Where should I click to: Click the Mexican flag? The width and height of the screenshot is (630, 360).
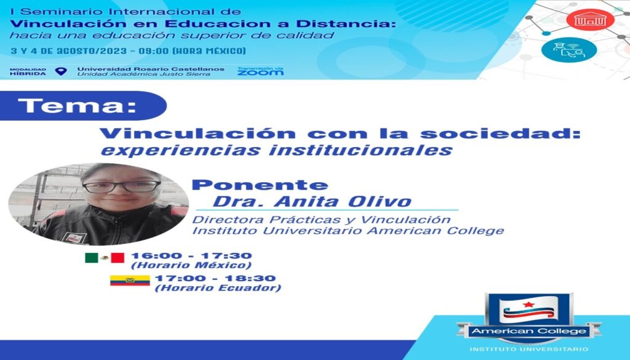pyautogui.click(x=105, y=258)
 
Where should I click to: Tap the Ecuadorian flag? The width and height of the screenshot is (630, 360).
pyautogui.click(x=130, y=281)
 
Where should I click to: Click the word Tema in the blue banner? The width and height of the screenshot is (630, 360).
pyautogui.click(x=77, y=106)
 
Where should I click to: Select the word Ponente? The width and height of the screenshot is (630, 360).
pyautogui.click(x=260, y=185)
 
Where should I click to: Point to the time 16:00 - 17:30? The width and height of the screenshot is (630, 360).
pyautogui.click(x=191, y=255)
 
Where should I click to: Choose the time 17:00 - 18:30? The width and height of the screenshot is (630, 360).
pyautogui.click(x=215, y=278)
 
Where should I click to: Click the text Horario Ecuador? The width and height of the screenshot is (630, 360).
pyautogui.click(x=218, y=288)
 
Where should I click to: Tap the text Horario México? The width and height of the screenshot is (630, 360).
pyautogui.click(x=191, y=266)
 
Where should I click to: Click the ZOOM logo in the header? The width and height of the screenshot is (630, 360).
pyautogui.click(x=260, y=71)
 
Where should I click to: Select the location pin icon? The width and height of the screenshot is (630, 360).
pyautogui.click(x=61, y=71)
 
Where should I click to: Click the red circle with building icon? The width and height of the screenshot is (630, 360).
pyautogui.click(x=590, y=19)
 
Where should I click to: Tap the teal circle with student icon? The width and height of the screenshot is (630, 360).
pyautogui.click(x=568, y=50)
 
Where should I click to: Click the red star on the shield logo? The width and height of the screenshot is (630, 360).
pyautogui.click(x=528, y=305)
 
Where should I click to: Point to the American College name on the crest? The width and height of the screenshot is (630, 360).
pyautogui.click(x=528, y=332)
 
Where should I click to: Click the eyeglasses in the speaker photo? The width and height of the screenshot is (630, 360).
pyautogui.click(x=121, y=187)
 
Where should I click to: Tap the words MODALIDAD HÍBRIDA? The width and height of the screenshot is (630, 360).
pyautogui.click(x=28, y=72)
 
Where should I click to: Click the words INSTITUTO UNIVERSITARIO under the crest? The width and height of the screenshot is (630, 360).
pyautogui.click(x=528, y=349)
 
